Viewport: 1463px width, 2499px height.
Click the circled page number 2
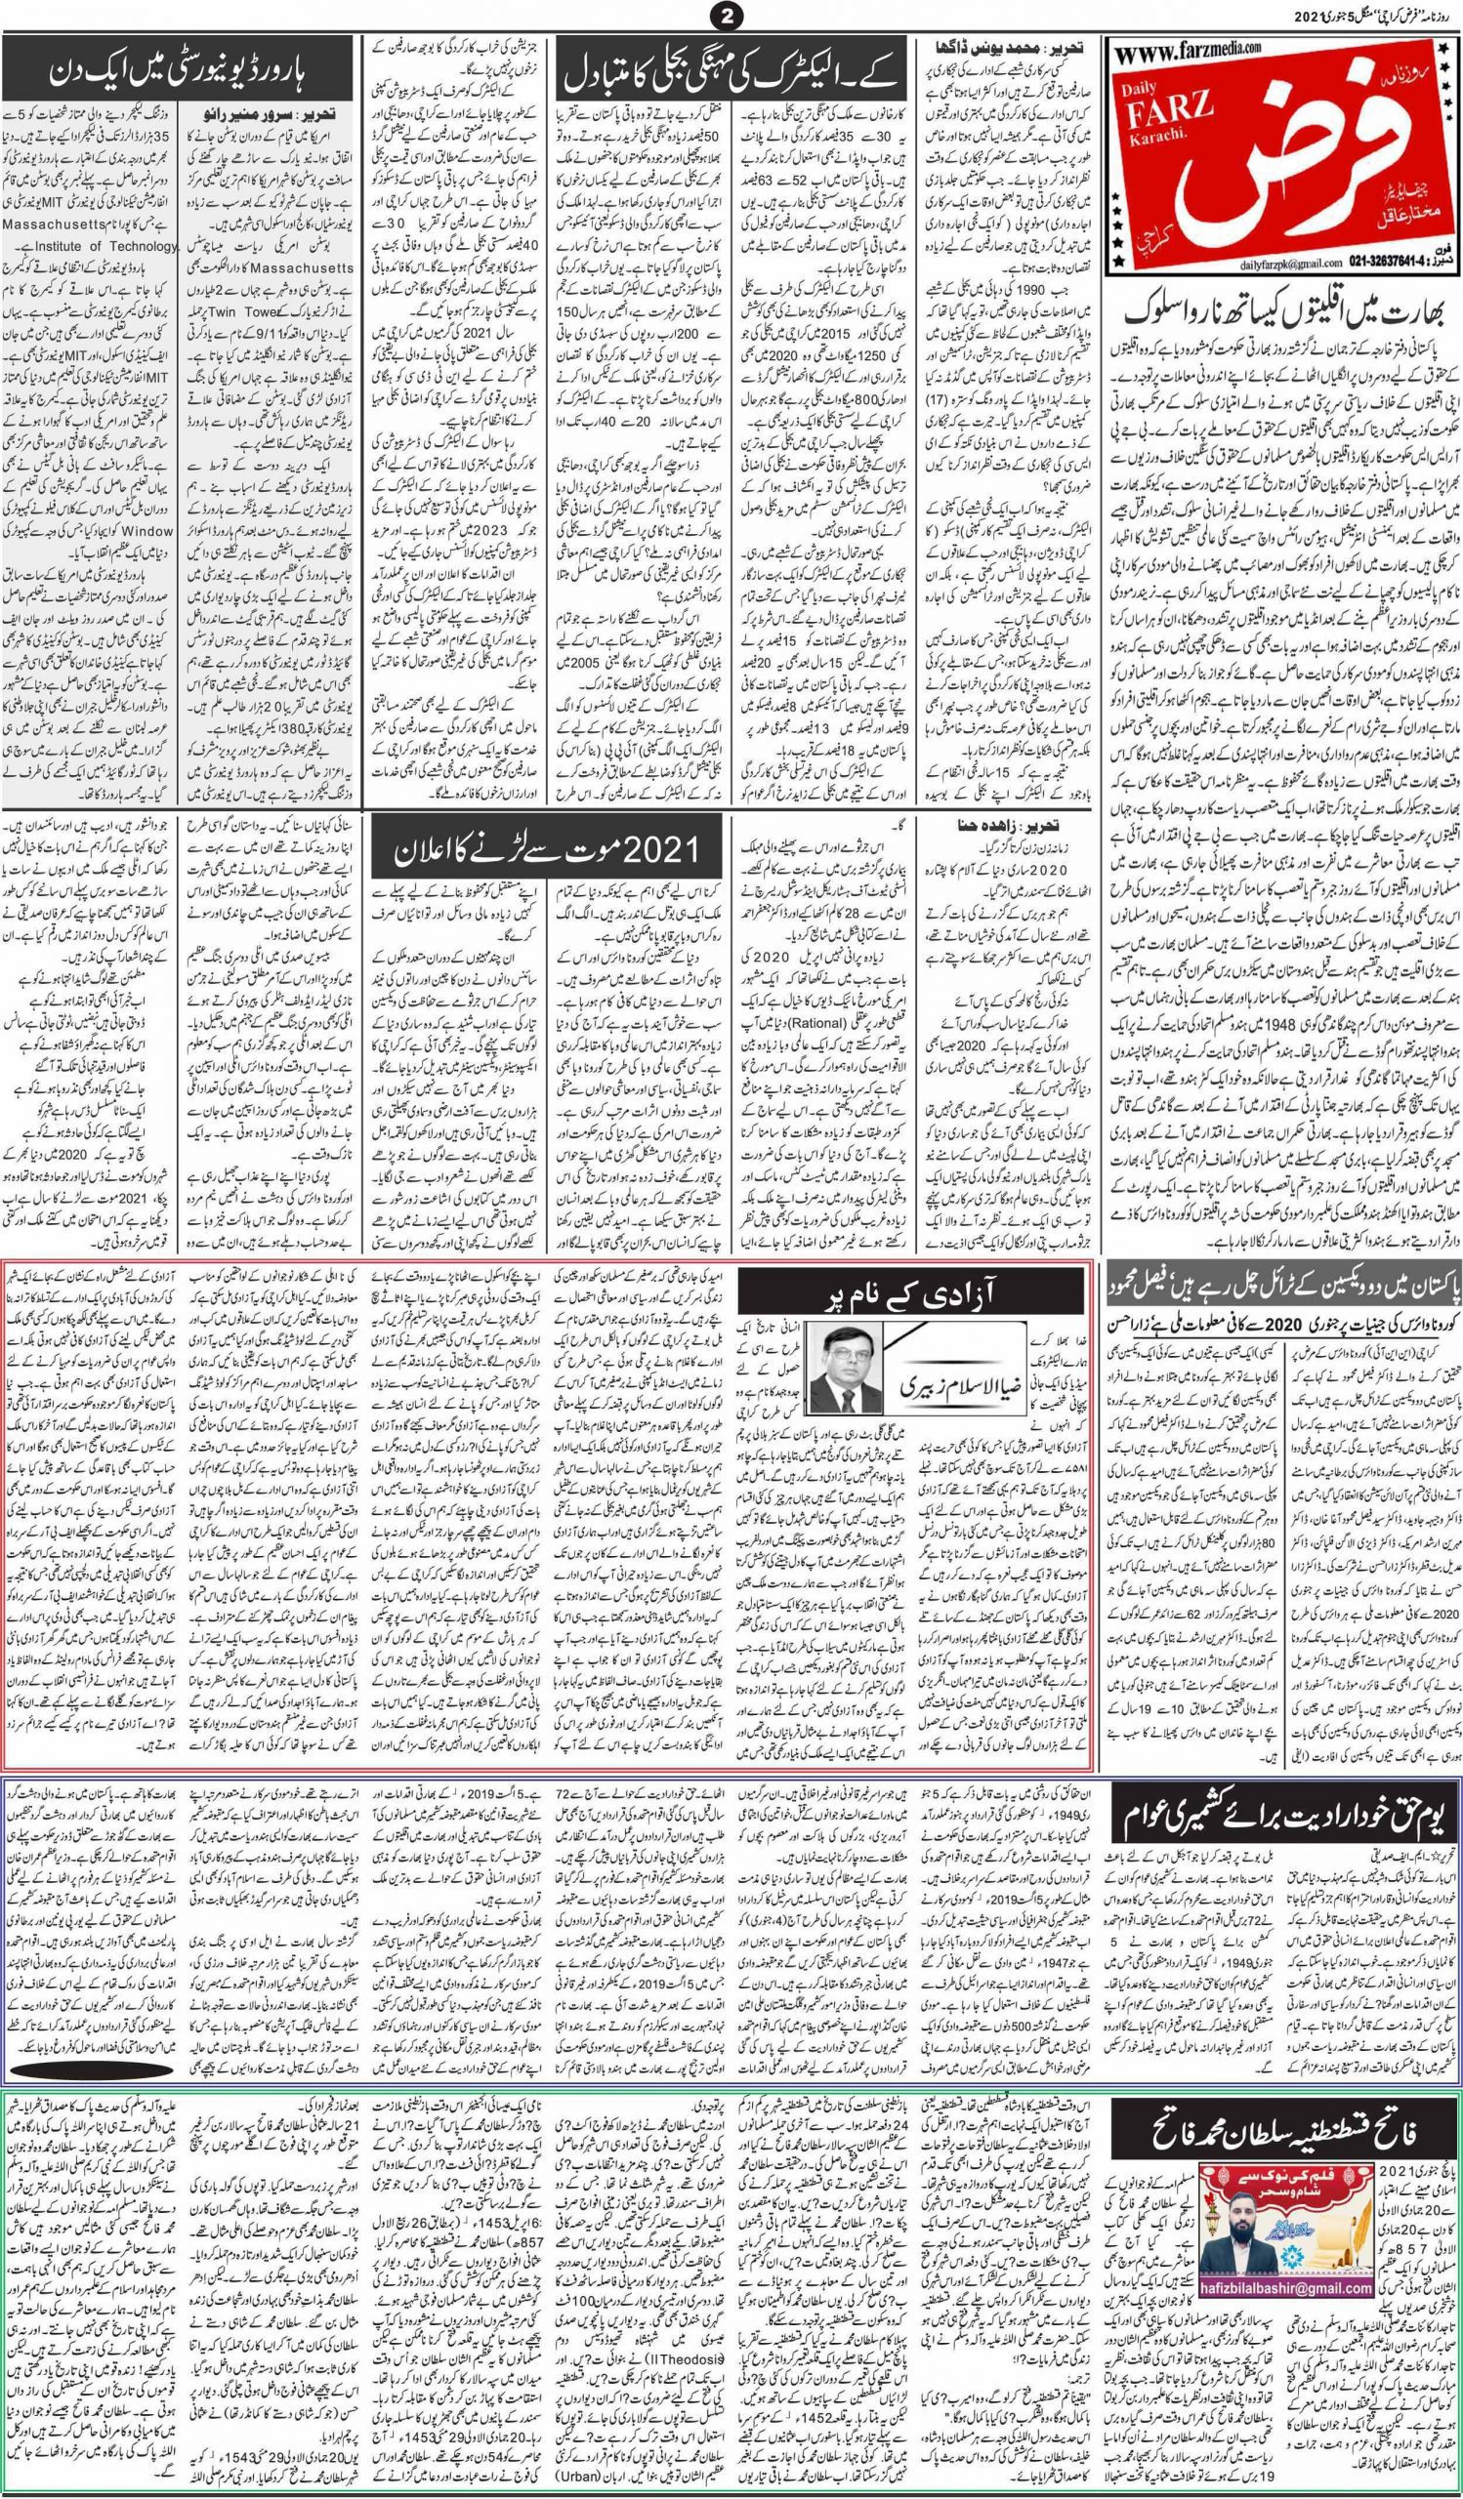pos(730,16)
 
